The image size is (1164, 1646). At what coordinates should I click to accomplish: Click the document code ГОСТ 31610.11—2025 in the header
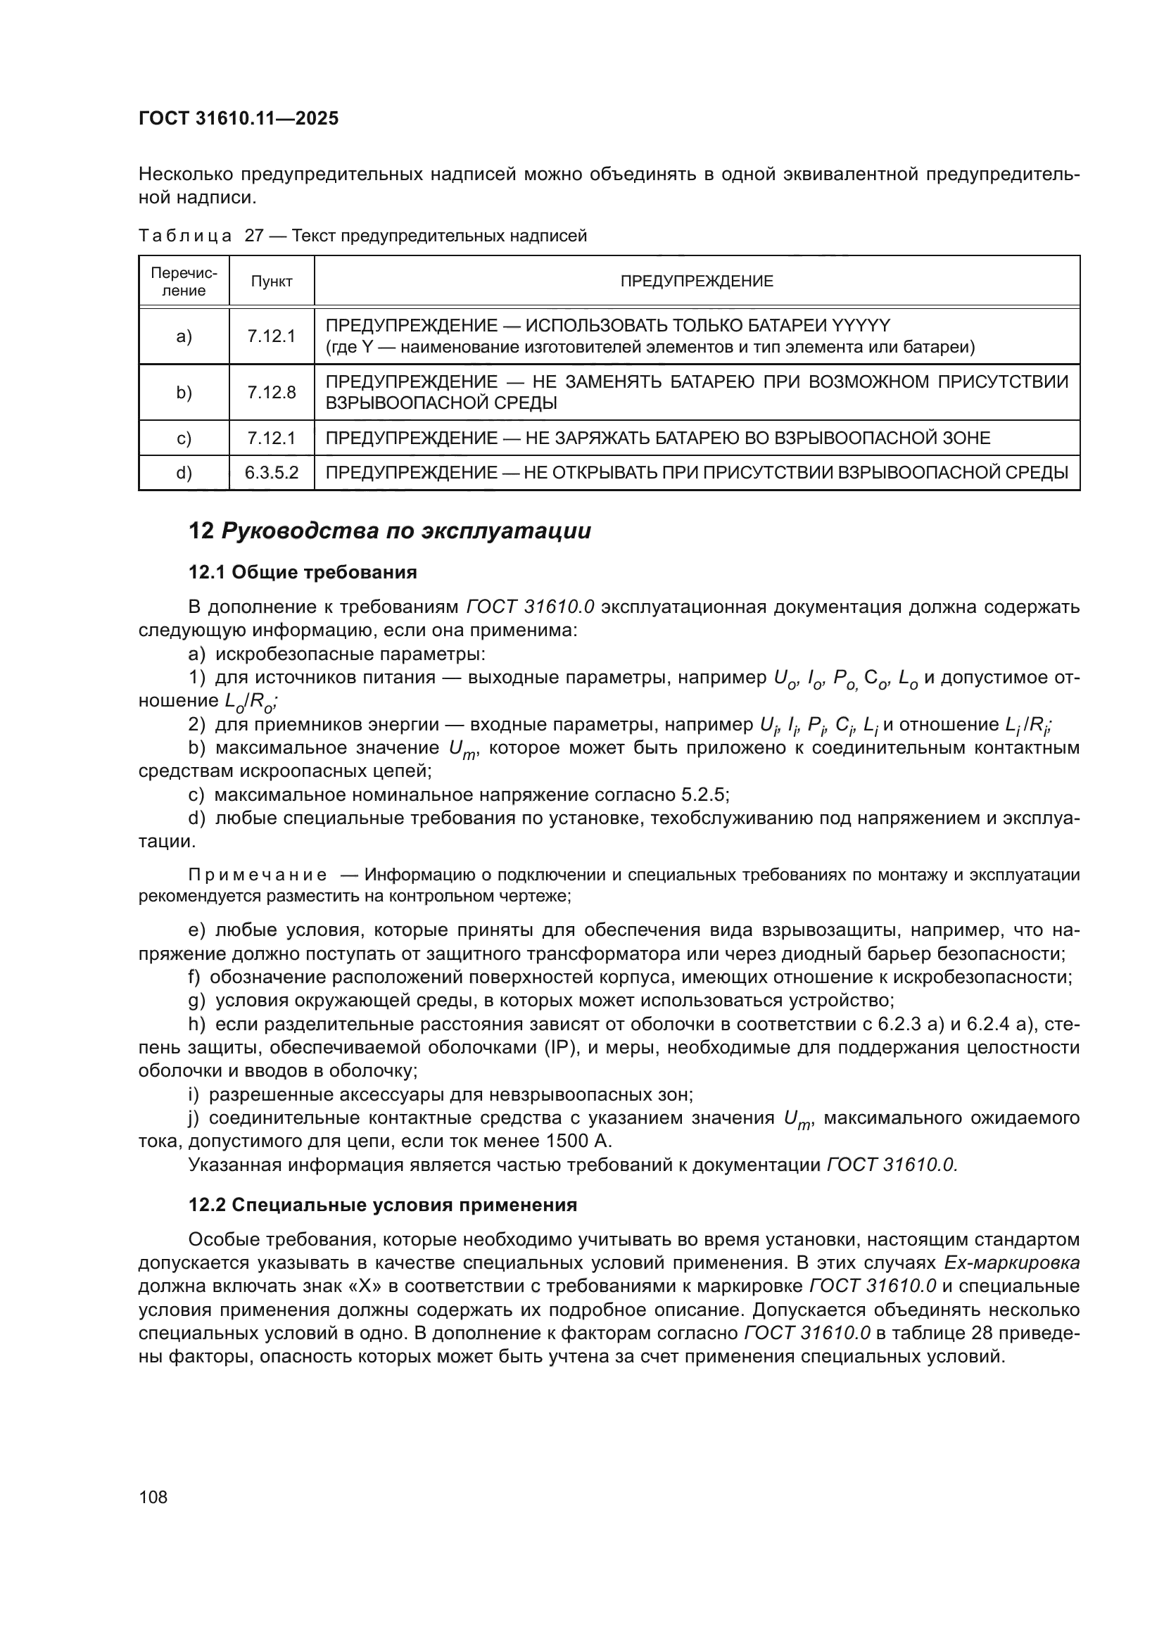point(238,118)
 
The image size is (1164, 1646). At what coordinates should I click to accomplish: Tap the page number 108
point(153,1497)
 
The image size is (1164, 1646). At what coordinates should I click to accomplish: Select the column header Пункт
point(272,281)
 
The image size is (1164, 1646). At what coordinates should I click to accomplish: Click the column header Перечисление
point(184,281)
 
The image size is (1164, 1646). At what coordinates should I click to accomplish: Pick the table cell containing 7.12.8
point(272,392)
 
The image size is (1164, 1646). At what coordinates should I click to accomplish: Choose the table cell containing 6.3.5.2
point(272,472)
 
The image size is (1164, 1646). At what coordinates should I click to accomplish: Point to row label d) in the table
point(184,472)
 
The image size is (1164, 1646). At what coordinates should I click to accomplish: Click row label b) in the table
point(184,392)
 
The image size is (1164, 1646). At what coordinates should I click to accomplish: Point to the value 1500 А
point(579,1141)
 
